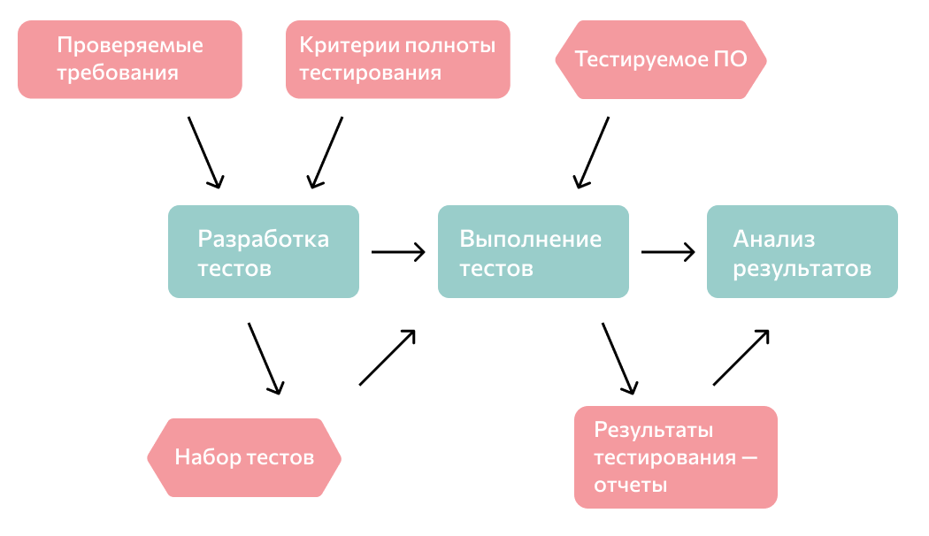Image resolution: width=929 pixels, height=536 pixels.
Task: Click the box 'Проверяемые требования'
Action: pos(130,59)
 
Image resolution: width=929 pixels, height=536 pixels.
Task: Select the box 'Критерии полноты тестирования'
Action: pos(397,59)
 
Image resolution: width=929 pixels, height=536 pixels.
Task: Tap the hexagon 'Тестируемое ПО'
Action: pos(660,59)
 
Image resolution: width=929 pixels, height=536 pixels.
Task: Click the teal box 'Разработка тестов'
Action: pos(264,252)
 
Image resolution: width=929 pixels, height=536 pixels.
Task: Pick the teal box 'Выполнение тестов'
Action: pos(534,252)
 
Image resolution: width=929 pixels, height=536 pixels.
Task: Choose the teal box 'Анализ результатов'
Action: pos(802,252)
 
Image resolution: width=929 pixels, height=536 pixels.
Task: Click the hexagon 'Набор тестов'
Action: pos(244,457)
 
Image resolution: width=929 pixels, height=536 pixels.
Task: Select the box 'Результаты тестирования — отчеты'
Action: pos(675,457)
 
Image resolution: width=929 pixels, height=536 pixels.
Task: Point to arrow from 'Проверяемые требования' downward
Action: pos(204,151)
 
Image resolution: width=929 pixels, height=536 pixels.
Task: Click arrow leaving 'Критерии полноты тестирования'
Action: pos(325,151)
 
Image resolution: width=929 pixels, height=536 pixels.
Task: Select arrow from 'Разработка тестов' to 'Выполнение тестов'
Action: pos(398,252)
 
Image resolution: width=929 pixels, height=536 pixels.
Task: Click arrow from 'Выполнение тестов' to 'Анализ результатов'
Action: pos(668,252)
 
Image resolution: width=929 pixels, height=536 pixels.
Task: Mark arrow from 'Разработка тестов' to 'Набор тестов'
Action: pos(265,358)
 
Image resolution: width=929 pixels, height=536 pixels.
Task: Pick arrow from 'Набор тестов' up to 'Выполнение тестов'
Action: pos(388,357)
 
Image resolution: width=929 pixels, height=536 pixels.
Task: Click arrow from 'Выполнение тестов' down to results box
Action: pos(619,358)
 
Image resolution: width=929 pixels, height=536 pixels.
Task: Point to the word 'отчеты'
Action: pos(630,485)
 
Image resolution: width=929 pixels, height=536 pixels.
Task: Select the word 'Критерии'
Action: pos(340,45)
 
